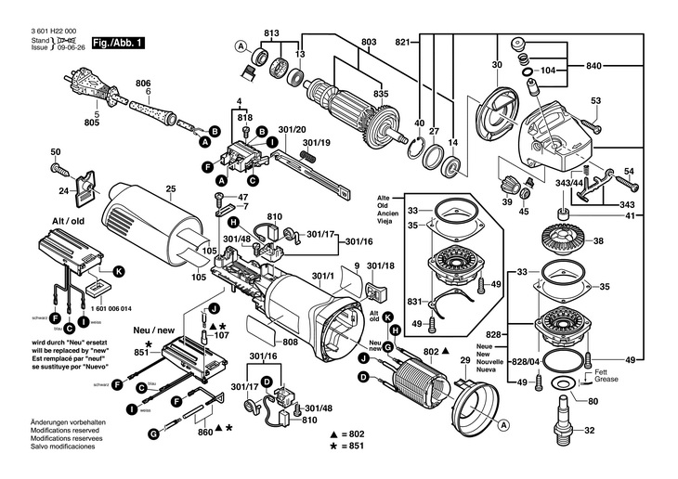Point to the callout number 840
tap(595, 68)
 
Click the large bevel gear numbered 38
tap(560, 241)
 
